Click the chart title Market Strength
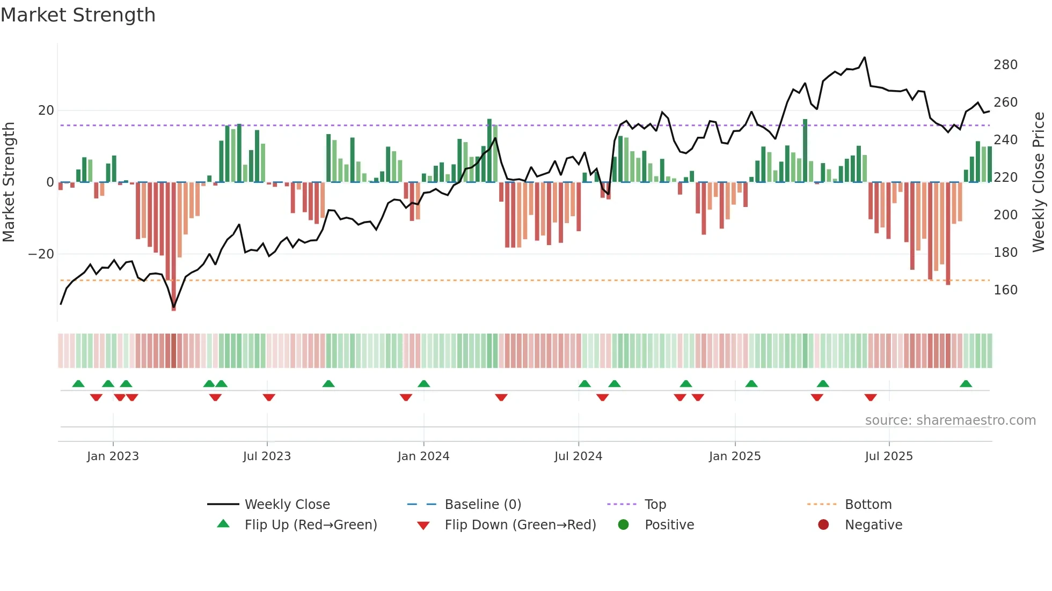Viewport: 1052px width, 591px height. [78, 15]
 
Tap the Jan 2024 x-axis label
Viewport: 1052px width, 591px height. [423, 456]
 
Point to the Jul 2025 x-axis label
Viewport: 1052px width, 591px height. [888, 456]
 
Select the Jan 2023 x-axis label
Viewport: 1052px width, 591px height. [113, 456]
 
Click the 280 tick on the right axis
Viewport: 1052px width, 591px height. [1005, 65]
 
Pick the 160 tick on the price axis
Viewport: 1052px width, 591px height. [1005, 290]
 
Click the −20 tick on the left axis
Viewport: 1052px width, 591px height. [41, 254]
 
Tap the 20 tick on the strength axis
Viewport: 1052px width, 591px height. [46, 110]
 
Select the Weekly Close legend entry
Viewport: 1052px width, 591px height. [287, 505]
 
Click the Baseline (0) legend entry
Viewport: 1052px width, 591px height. [483, 505]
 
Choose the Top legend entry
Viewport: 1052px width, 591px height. [655, 505]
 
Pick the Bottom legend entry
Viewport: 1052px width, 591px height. [867, 505]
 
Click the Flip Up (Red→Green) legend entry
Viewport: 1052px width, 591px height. [310, 525]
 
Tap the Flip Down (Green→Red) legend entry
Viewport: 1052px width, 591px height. [520, 525]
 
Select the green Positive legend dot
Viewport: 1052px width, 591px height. [623, 525]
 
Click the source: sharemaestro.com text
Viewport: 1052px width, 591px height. [950, 420]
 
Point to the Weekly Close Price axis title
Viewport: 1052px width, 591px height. [1039, 182]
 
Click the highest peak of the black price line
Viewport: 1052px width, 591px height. [864, 57]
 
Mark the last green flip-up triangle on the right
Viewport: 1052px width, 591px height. [966, 384]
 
